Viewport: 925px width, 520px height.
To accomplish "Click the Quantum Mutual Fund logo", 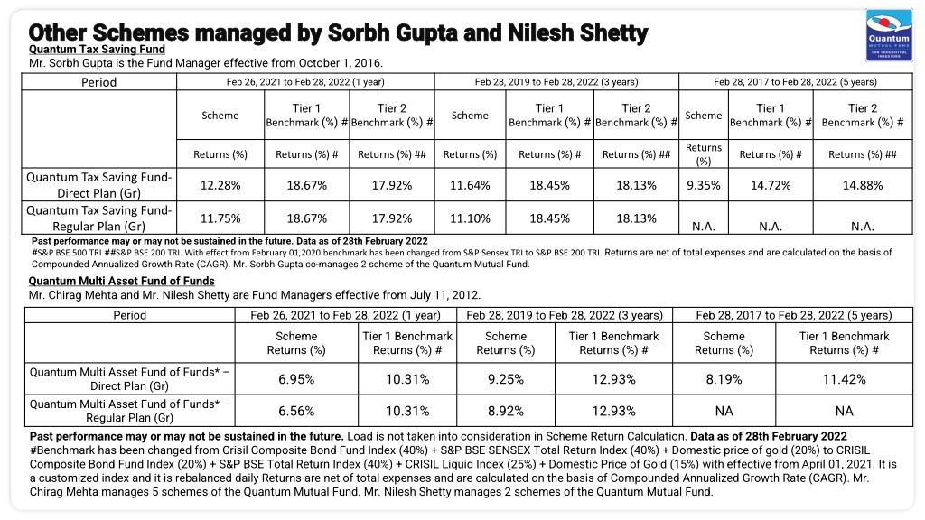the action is click(889, 35).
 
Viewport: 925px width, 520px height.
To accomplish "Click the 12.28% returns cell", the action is click(220, 185).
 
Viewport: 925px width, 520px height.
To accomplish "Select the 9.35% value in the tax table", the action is click(703, 185).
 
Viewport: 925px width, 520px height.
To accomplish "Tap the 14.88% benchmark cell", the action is click(863, 185).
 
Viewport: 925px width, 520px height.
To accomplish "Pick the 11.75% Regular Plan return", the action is click(220, 218).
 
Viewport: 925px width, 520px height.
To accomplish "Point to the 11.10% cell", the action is click(470, 218).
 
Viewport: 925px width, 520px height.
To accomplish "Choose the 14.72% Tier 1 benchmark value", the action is click(771, 185).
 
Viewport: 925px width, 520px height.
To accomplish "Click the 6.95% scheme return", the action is click(296, 379).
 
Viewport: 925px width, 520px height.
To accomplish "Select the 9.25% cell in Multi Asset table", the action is click(506, 379).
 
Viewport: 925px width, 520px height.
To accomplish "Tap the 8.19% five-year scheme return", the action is click(724, 379).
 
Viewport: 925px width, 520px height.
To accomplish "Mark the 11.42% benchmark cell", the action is click(845, 379).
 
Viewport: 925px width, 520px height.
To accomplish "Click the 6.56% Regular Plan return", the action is click(296, 411).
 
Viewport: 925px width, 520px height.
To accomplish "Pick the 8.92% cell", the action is click(506, 411).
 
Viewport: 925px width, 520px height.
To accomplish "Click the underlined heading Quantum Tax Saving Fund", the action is click(97, 50).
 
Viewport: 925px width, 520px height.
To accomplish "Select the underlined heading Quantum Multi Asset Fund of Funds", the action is click(122, 282).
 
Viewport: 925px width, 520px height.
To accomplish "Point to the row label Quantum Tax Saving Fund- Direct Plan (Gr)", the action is click(99, 185).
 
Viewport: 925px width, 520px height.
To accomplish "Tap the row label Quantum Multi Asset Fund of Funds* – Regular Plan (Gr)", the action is click(130, 411).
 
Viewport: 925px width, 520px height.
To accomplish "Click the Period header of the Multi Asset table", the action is click(130, 315).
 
